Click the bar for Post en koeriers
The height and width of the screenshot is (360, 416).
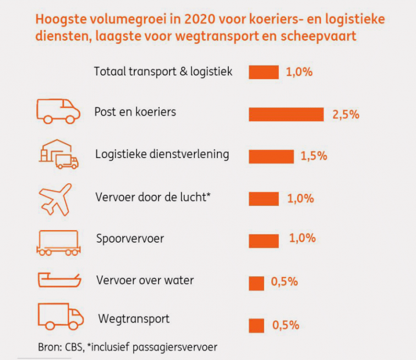(x=286, y=114)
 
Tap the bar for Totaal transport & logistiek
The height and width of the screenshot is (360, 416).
(x=264, y=72)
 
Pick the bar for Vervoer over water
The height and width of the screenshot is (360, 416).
(x=256, y=283)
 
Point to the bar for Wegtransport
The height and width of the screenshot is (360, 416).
(x=256, y=325)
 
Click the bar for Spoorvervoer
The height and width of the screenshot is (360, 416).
(x=264, y=241)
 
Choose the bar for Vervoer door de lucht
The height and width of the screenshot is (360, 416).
(x=264, y=199)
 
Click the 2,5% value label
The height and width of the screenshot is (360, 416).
(x=346, y=114)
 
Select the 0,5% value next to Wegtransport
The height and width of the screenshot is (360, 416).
(x=286, y=325)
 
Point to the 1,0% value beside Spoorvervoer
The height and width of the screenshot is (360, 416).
(x=302, y=238)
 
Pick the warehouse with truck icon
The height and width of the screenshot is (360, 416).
(x=58, y=153)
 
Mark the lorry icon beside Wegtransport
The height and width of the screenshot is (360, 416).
(x=60, y=316)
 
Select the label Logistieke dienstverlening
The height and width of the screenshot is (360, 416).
(x=162, y=154)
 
